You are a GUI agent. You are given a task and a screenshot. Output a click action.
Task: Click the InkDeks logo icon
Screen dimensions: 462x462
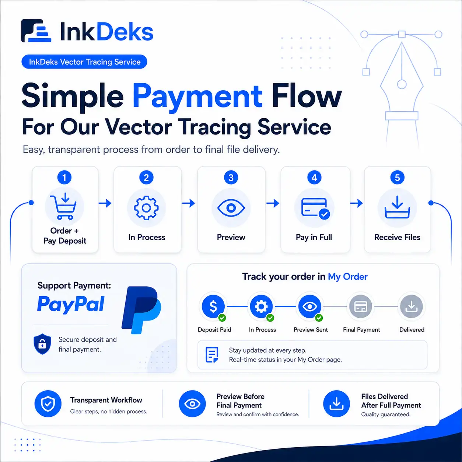(36, 31)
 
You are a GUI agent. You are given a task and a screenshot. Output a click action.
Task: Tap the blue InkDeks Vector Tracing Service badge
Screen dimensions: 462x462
(84, 62)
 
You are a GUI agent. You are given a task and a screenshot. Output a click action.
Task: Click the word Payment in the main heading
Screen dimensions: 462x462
(197, 96)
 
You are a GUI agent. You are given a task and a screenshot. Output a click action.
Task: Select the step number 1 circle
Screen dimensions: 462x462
(64, 178)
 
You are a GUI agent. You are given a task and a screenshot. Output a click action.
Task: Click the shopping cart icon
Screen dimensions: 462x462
(63, 206)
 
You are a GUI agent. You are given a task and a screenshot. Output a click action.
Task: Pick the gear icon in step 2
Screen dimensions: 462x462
(146, 208)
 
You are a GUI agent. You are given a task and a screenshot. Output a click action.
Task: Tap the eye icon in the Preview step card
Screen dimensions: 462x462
(231, 208)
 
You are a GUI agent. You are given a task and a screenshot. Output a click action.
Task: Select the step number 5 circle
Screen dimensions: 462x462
(397, 178)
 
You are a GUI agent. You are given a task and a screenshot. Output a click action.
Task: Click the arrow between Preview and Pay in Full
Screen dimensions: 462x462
(273, 203)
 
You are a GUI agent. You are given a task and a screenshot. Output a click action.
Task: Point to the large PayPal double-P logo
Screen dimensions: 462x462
(141, 310)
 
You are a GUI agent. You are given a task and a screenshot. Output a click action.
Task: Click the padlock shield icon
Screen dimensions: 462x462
(42, 344)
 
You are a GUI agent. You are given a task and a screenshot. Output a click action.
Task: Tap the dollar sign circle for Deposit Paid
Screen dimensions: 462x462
(213, 307)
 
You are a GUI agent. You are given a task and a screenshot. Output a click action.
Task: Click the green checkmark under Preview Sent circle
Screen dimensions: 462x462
(319, 318)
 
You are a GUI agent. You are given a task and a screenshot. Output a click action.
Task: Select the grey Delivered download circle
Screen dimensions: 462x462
(412, 307)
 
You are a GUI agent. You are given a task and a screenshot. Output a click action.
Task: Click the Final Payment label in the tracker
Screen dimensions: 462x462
(361, 330)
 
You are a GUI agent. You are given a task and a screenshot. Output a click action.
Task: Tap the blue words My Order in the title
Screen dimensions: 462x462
(347, 277)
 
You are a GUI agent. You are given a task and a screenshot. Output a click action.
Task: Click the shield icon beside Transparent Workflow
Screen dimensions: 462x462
(48, 404)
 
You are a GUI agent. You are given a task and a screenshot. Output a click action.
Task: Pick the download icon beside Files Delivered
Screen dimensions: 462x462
(336, 404)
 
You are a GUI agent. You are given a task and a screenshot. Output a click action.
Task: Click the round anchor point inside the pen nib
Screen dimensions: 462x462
(402, 84)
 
